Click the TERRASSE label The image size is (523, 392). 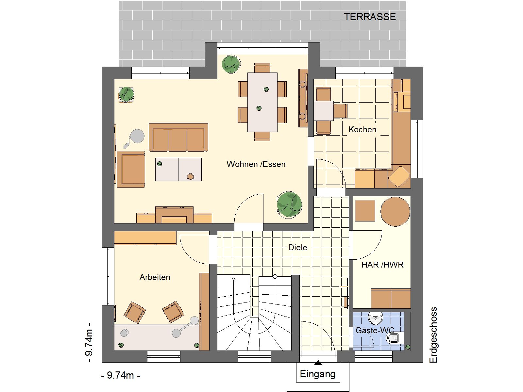coord(370,17)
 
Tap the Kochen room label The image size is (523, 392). coord(363,129)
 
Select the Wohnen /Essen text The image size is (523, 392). coord(256,164)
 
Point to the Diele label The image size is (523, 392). coord(297,247)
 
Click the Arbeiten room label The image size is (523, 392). coord(155,277)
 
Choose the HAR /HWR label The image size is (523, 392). coord(382,265)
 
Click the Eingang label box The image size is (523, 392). coord(318,374)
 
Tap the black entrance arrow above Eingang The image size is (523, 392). coord(318,363)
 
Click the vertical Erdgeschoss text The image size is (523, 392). coord(433,335)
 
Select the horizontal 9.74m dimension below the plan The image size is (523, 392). coord(121,375)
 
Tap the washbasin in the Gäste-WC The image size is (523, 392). coord(376,318)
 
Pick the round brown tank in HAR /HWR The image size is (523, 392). coord(395,211)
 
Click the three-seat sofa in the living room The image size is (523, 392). coord(178,137)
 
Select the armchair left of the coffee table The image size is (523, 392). coord(131,169)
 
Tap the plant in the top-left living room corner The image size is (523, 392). coord(126,94)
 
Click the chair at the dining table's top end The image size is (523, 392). coord(262,68)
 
